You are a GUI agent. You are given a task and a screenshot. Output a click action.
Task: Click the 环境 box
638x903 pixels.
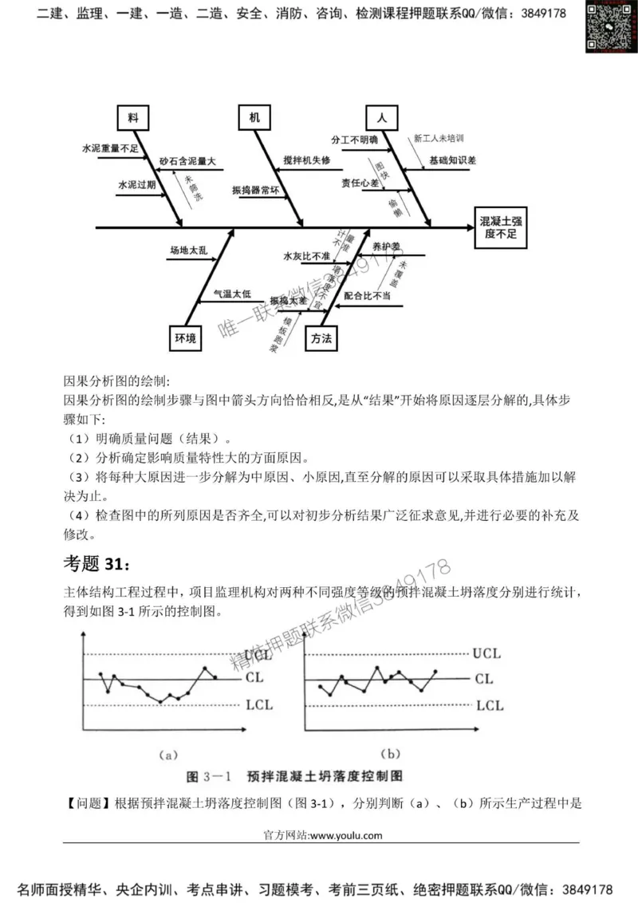point(185,338)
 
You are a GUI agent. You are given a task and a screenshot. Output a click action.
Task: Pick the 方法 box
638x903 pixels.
point(321,338)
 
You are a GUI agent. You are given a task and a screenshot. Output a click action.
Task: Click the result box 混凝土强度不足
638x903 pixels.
point(501,227)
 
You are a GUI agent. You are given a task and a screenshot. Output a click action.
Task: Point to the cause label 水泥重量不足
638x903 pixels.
point(110,148)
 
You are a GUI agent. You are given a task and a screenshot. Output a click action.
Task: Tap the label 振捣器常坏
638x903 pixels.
point(255,191)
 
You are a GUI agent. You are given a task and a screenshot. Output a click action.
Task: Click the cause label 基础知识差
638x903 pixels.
point(452,160)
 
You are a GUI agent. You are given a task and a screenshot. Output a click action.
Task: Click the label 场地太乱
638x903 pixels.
point(187,250)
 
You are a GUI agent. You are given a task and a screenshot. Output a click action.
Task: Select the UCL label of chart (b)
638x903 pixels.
point(486,653)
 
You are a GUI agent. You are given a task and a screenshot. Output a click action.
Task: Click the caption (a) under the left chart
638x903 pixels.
point(167,752)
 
